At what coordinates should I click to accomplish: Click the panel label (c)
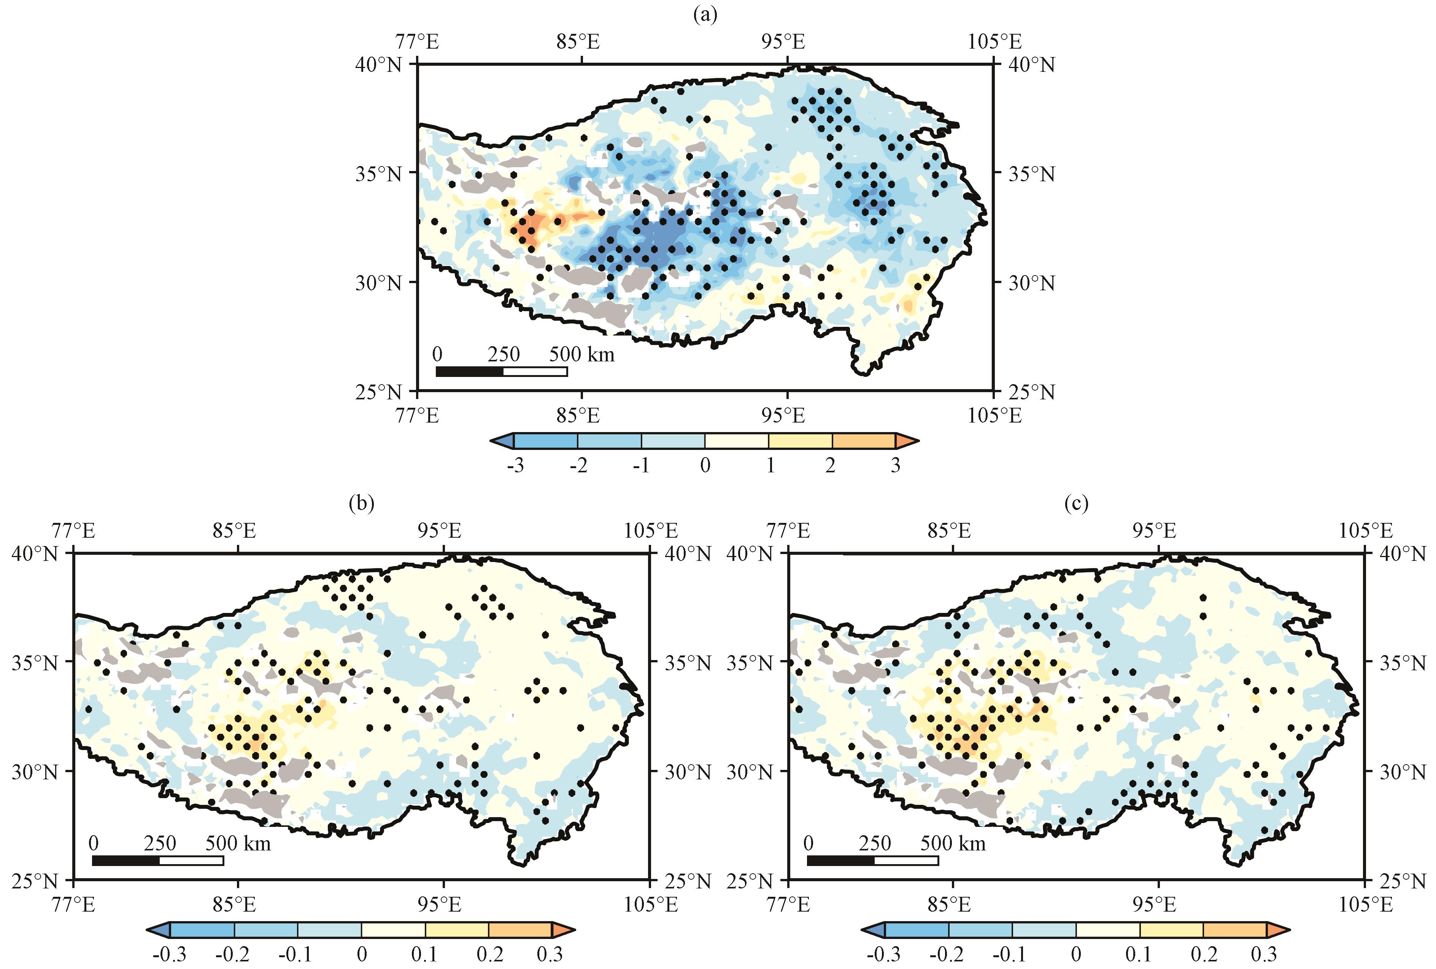coord(1076,503)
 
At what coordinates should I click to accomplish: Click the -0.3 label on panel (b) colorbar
coord(169,954)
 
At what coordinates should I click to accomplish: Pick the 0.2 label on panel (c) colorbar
coord(1204,954)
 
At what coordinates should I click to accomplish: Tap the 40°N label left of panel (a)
coord(378,64)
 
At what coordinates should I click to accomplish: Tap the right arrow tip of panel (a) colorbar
coord(915,441)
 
